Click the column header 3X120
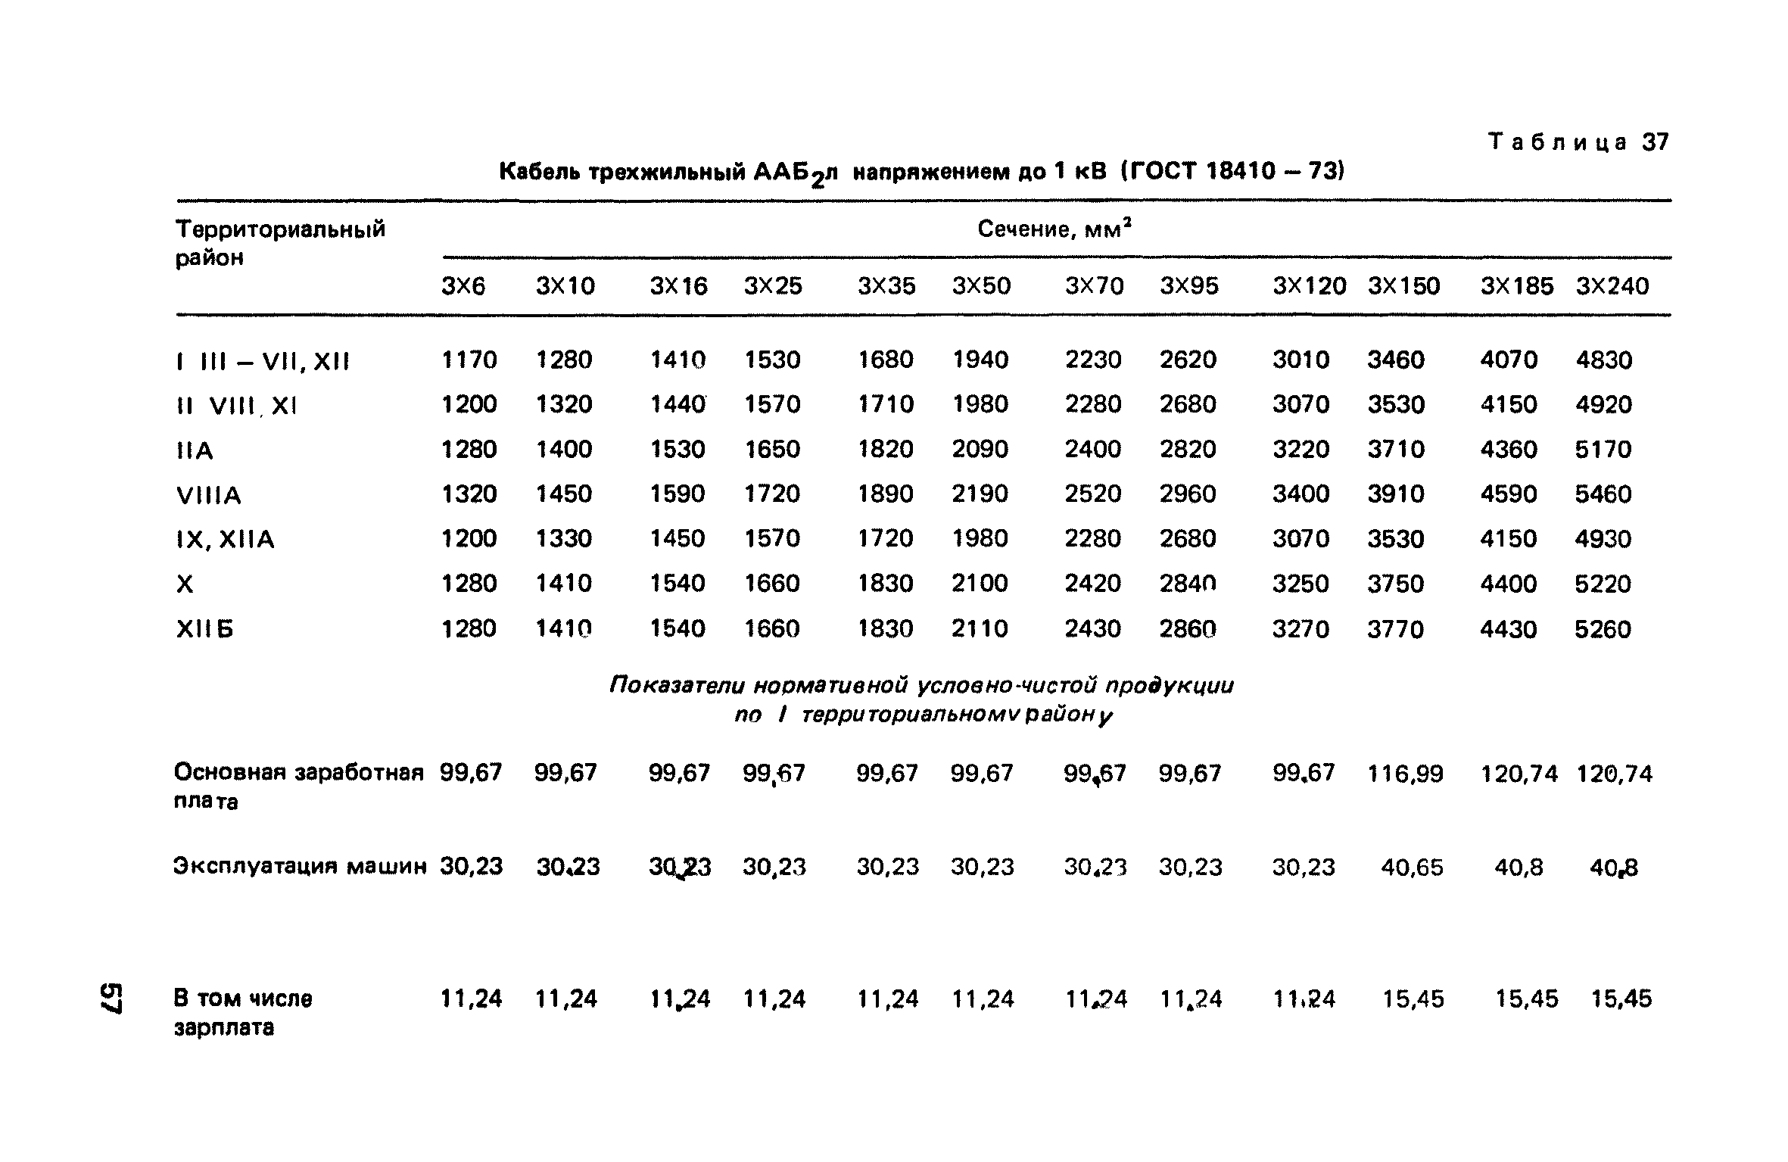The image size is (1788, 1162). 1309,286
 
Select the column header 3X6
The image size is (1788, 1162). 463,286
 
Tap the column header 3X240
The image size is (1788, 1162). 1612,286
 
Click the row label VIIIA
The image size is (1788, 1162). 208,495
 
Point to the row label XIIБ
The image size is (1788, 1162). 204,629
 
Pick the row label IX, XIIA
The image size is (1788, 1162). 225,540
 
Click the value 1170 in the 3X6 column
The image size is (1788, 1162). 469,360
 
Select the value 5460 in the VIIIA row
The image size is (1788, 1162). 1603,494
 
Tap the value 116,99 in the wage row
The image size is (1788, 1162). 1405,774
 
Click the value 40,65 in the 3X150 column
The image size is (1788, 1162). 1412,867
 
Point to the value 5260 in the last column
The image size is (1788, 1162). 1603,629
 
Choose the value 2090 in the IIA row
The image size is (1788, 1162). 980,449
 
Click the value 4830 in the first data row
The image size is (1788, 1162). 1604,360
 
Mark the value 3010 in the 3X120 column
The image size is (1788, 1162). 1301,360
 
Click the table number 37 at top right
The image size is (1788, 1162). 1656,142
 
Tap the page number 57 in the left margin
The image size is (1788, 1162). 111,998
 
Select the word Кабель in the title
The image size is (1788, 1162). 540,172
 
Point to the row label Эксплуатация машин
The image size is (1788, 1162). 301,866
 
